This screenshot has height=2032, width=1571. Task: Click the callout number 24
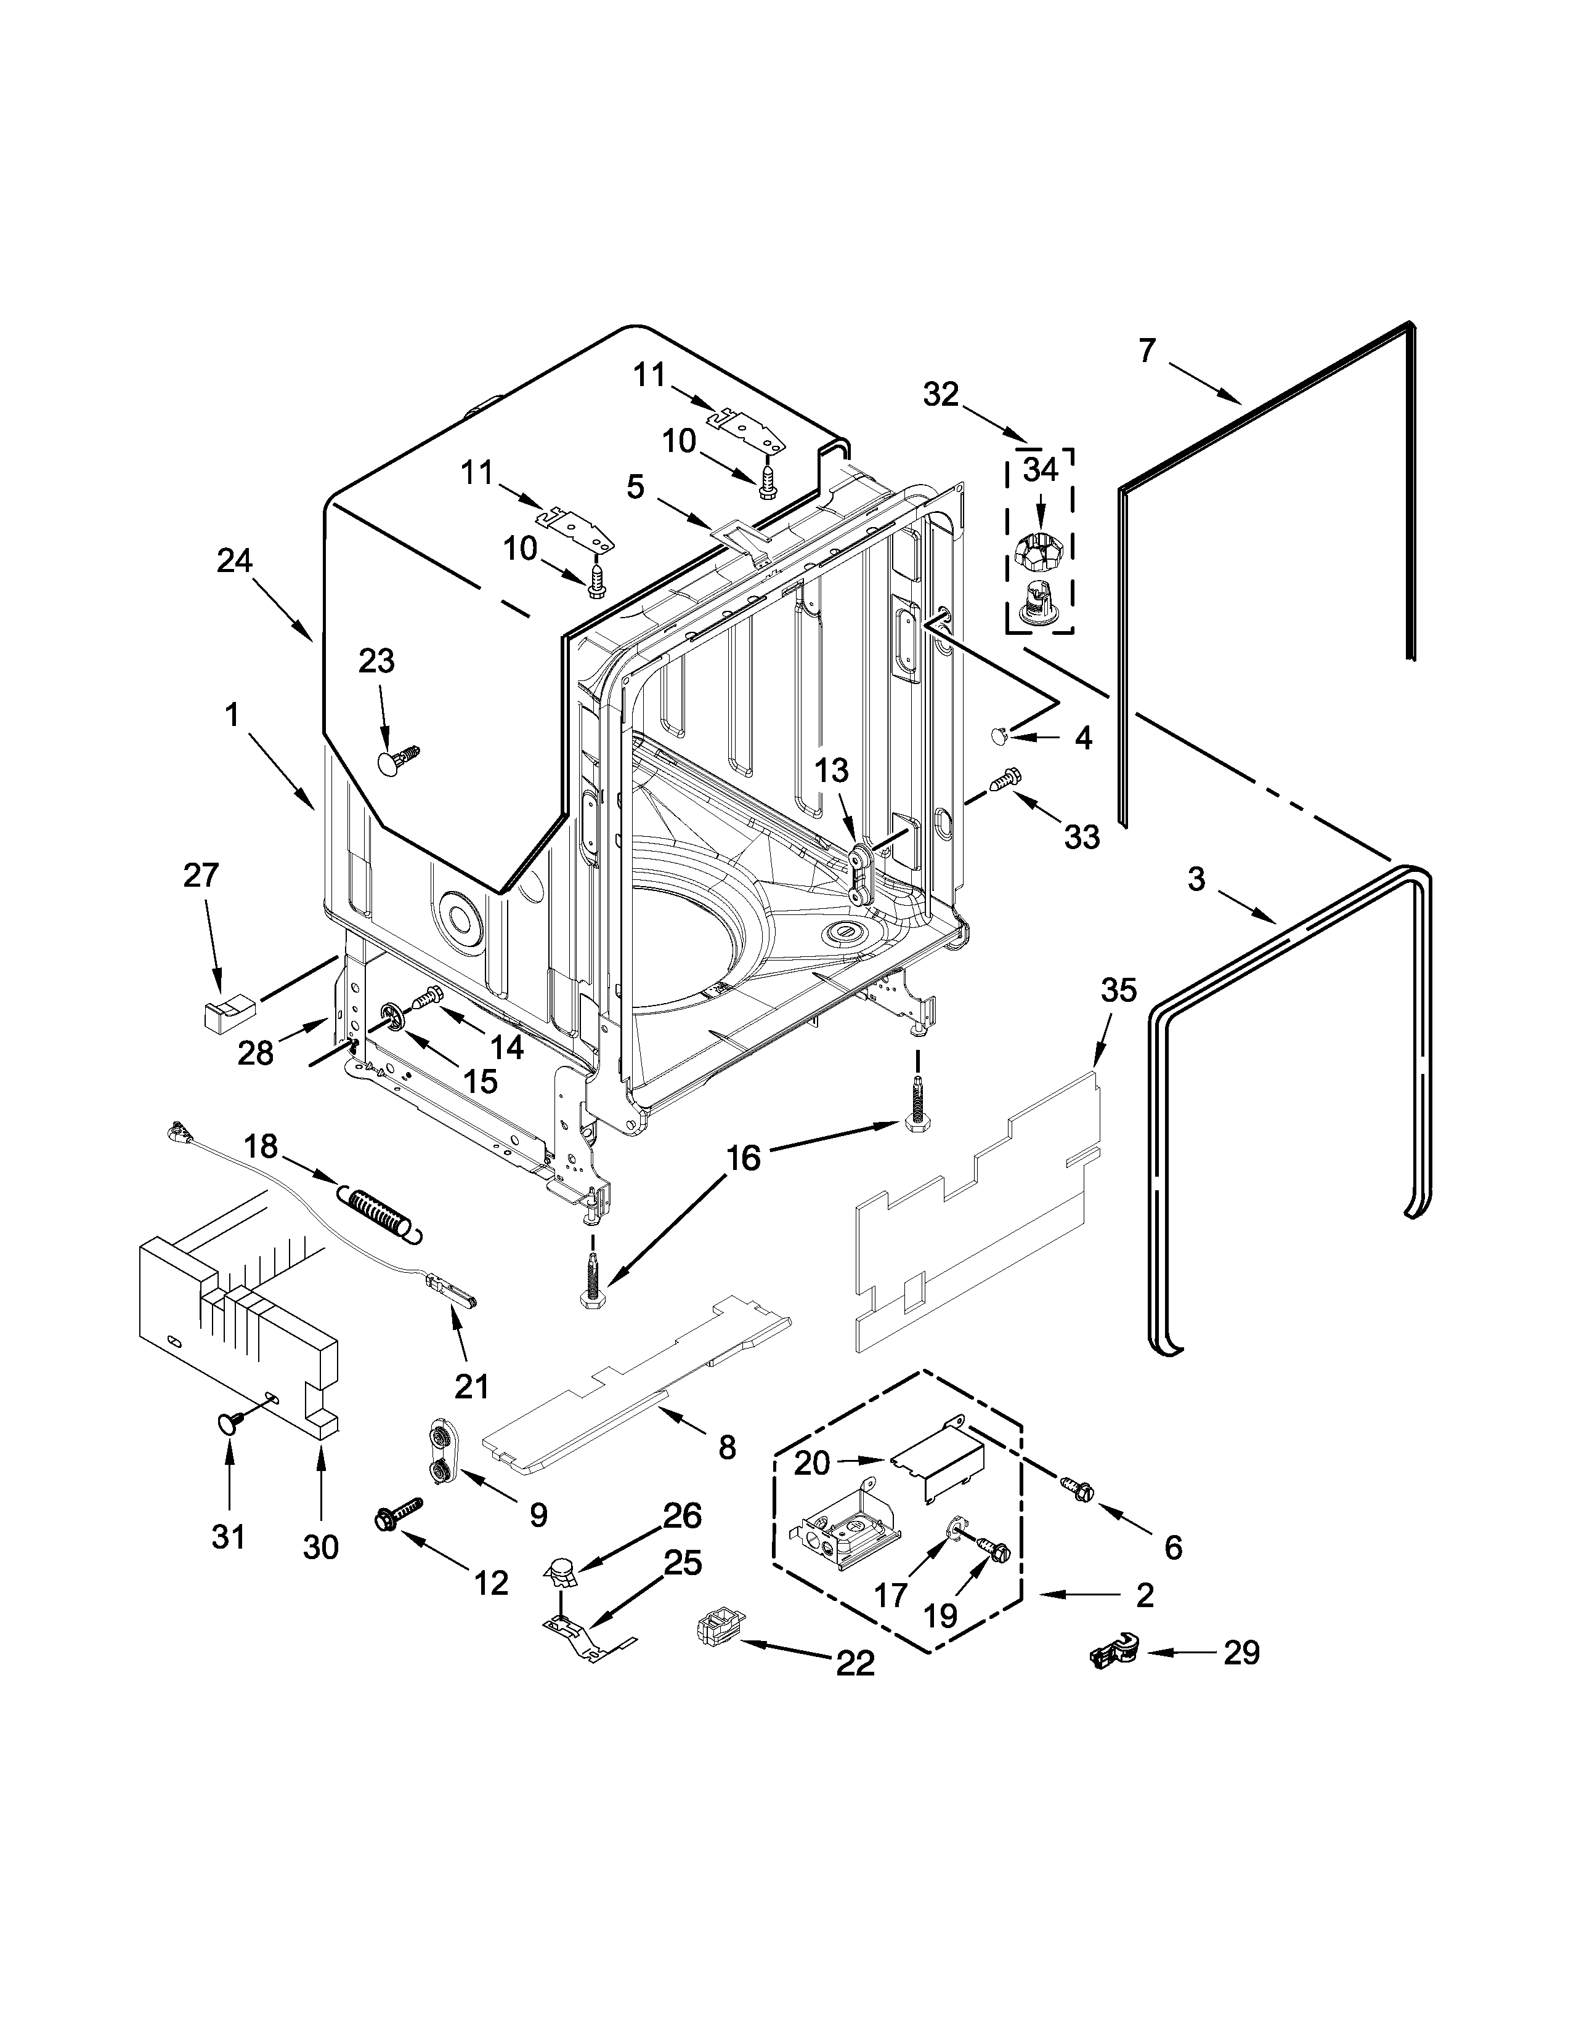click(x=235, y=561)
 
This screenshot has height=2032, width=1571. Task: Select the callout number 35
click(x=1119, y=991)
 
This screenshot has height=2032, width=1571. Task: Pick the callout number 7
click(x=1146, y=351)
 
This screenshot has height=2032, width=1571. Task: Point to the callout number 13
click(x=832, y=770)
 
